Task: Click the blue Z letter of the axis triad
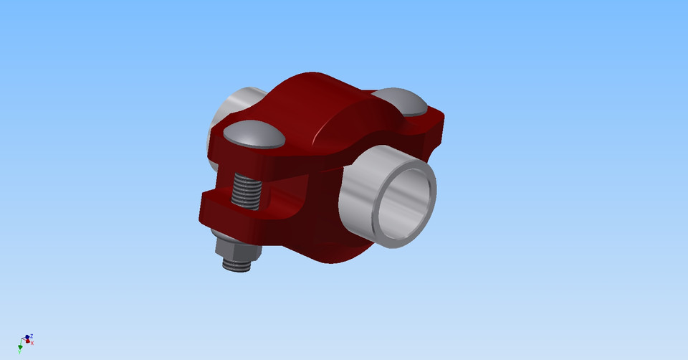click(32, 336)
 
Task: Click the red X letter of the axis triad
click(32, 343)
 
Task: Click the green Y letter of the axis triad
click(19, 352)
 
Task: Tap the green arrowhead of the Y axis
click(20, 347)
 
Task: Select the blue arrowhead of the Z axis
click(27, 336)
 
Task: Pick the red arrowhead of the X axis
click(28, 341)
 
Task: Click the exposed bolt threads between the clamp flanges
click(247, 193)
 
